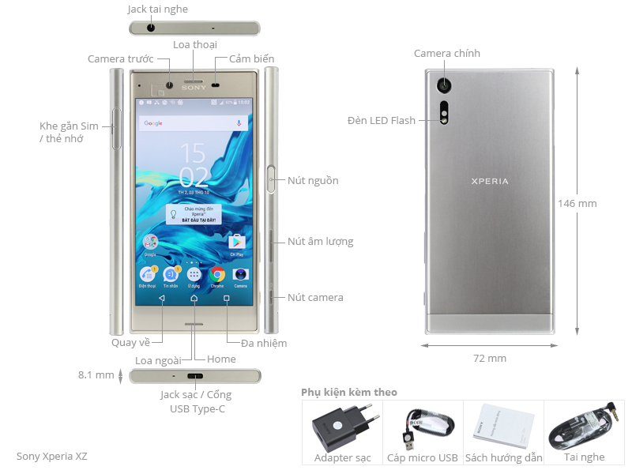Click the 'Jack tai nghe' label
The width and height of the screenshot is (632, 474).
(x=157, y=9)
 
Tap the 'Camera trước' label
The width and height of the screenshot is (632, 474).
(x=119, y=59)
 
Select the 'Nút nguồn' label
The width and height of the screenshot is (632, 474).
(x=313, y=181)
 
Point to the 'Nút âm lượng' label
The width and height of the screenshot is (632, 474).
(x=320, y=242)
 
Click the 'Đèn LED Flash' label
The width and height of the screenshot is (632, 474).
(x=381, y=121)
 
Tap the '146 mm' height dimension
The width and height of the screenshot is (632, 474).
(x=577, y=203)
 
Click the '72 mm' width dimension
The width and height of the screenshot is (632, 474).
(x=490, y=359)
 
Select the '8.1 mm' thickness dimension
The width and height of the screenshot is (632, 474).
(x=96, y=375)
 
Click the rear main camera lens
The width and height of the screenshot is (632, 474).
(x=447, y=83)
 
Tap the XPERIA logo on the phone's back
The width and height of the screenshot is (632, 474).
(x=490, y=182)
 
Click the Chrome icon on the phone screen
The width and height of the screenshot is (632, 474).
(x=217, y=274)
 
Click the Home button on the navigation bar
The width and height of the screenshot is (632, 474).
(x=194, y=299)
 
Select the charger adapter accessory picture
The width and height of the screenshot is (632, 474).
(x=341, y=427)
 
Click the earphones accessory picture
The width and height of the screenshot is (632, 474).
(x=585, y=427)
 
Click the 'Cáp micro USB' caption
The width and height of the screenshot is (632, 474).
(x=422, y=457)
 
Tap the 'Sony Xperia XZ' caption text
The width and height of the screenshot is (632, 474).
(x=52, y=457)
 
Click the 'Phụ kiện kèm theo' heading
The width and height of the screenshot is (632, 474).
(x=349, y=393)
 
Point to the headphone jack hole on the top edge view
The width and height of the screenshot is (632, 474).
(x=151, y=28)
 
